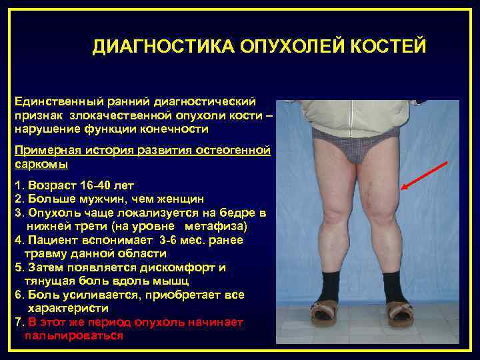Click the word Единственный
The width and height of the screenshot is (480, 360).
pos(55,101)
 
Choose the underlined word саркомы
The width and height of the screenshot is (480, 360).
pos(41,163)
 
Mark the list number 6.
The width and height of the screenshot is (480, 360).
pos(18,295)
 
